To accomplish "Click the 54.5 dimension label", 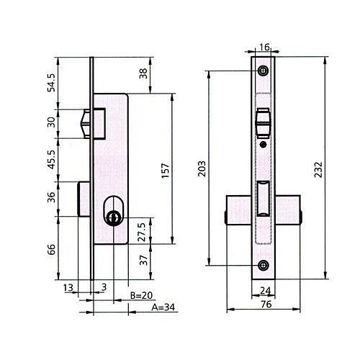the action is [51, 83].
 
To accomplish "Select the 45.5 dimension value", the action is [51, 159].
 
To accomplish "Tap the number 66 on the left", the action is [51, 250].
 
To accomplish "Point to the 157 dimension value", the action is [166, 171].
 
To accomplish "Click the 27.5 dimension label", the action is [142, 232].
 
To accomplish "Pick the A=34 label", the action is [163, 307].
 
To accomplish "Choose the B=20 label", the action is [141, 295].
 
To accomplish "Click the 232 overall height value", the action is [318, 170].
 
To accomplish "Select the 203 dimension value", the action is [202, 168].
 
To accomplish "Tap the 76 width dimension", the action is [266, 305].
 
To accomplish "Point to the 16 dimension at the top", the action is [264, 48].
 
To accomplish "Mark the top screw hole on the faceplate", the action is [264, 71].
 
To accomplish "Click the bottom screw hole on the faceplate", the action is [264, 265].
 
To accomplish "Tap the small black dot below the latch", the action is [264, 145].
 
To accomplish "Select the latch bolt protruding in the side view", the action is [85, 124].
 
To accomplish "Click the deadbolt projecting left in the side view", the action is [84, 199].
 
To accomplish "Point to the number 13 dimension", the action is [68, 287].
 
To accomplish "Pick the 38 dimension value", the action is [143, 73].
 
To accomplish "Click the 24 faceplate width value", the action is [266, 291].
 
